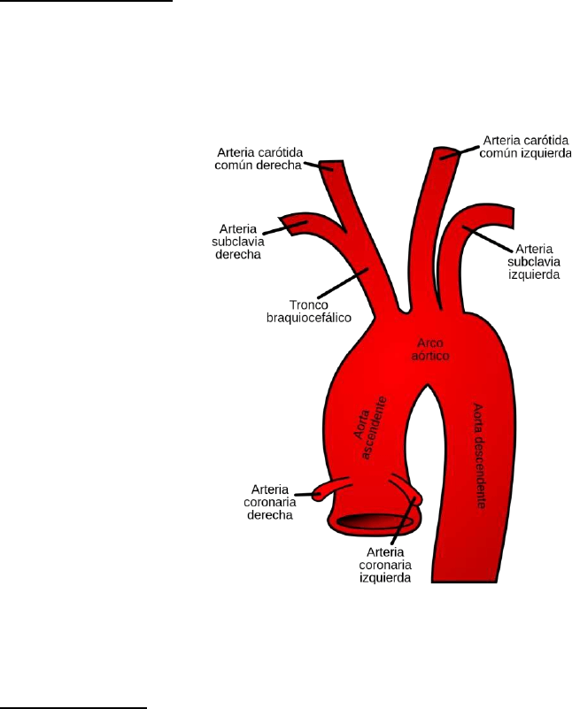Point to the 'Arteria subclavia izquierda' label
tap(532, 262)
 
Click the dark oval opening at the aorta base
tap(374, 522)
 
